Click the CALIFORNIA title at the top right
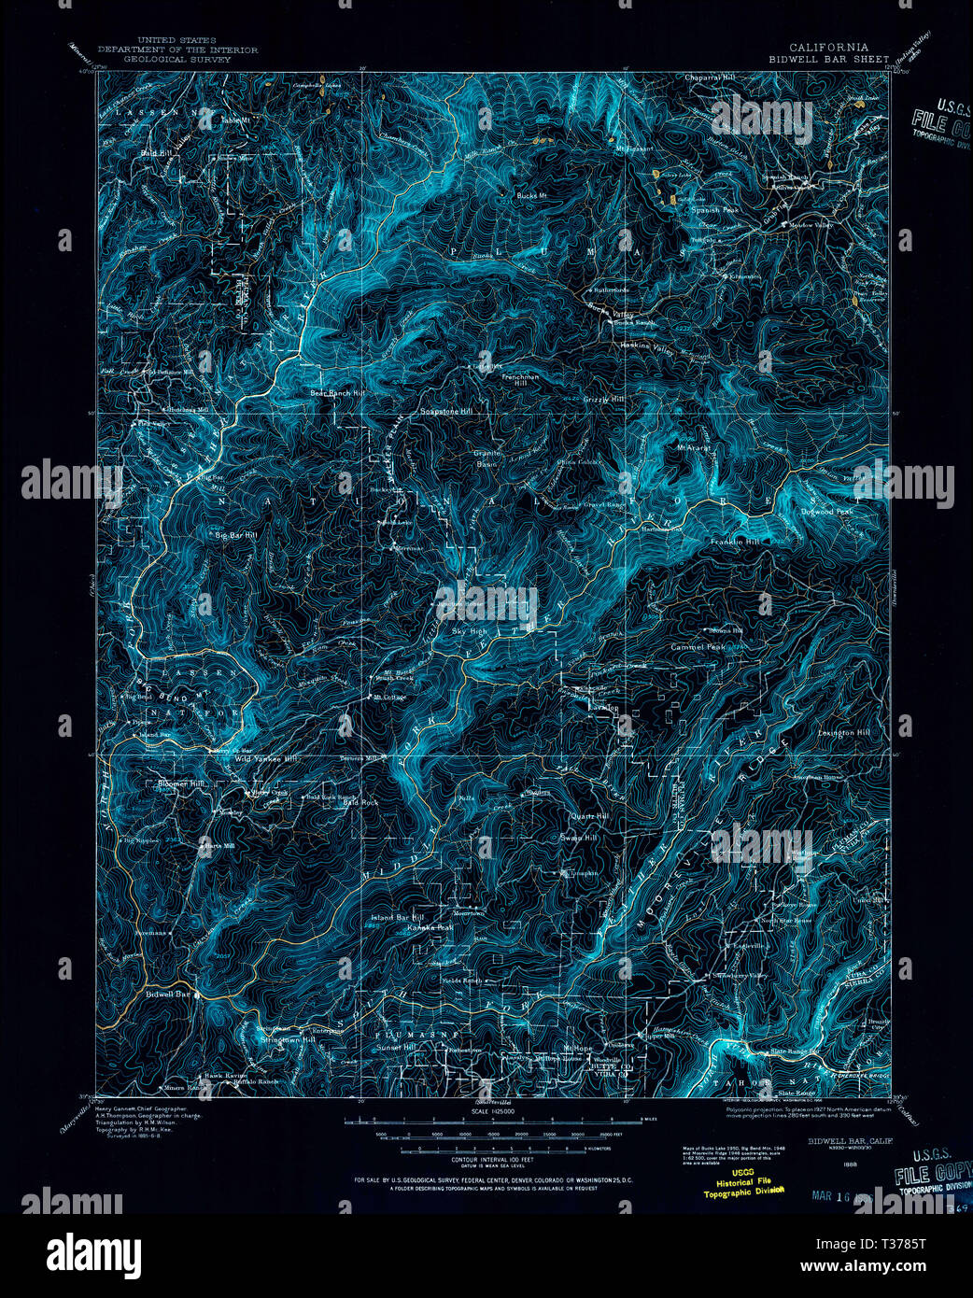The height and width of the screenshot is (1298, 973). tap(828, 47)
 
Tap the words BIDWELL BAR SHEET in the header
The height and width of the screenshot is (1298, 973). tap(828, 58)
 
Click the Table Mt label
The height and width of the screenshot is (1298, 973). tap(235, 120)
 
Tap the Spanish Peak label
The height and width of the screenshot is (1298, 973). tap(715, 210)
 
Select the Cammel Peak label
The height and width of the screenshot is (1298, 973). tap(698, 647)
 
